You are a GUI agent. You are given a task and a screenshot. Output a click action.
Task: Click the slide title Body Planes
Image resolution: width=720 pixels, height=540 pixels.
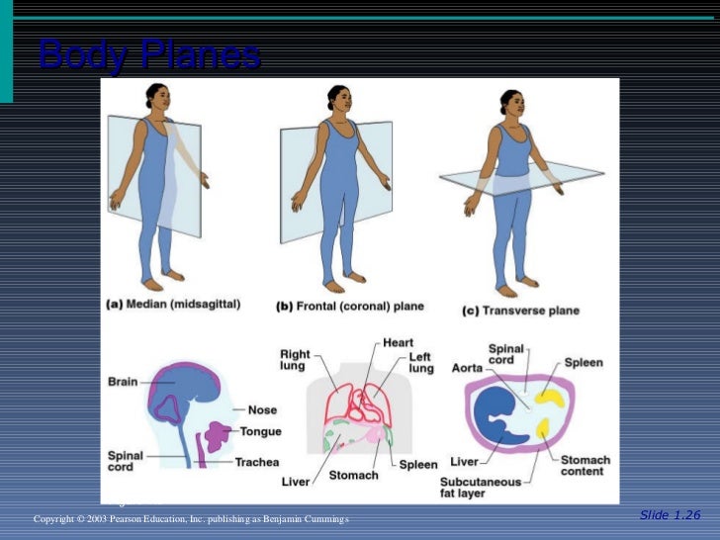149,55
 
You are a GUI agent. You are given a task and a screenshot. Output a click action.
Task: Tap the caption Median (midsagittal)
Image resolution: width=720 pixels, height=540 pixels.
173,306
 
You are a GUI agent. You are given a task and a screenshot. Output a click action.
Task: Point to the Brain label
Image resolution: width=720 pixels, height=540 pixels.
124,380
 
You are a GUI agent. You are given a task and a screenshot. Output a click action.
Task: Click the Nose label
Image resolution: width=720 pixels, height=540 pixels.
262,409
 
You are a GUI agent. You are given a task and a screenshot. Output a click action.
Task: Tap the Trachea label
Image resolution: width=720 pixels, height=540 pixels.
256,462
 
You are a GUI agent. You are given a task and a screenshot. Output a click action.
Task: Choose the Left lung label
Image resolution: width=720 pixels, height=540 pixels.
421,363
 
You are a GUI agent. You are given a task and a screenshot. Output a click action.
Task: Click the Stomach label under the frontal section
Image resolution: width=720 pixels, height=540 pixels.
353,476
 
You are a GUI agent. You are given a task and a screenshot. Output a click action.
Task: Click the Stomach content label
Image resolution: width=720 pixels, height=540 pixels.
585,466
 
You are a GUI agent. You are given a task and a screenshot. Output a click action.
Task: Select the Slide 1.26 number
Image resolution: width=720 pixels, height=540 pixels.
670,514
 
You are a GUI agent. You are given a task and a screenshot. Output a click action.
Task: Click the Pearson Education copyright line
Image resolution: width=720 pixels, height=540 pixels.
191,519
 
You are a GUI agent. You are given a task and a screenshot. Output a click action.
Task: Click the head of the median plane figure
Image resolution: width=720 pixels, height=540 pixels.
156,96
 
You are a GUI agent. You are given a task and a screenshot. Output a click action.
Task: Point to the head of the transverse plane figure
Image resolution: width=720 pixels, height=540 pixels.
510,102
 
